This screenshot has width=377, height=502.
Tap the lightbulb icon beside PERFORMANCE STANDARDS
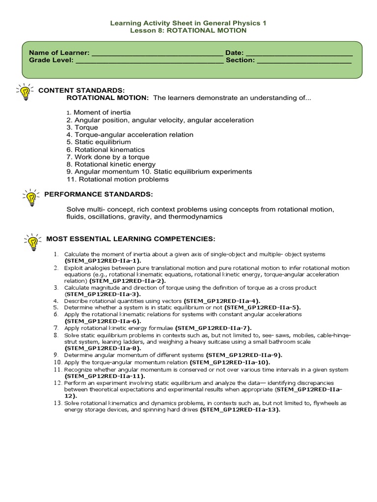click(30, 197)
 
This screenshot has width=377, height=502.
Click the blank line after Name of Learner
click(157, 53)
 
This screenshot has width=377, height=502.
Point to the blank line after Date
click(298, 53)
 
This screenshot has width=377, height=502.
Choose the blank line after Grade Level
click(149, 60)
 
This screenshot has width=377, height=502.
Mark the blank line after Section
click(304, 60)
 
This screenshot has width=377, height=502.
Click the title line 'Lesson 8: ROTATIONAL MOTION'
click(188, 30)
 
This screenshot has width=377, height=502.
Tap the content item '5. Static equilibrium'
click(99, 142)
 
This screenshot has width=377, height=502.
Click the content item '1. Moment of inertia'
click(99, 113)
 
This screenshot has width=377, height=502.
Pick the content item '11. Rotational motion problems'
click(117, 179)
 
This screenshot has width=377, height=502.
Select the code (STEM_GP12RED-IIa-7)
click(213, 327)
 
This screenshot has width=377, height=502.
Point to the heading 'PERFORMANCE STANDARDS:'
click(99, 194)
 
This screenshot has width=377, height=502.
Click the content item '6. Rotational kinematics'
click(106, 150)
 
